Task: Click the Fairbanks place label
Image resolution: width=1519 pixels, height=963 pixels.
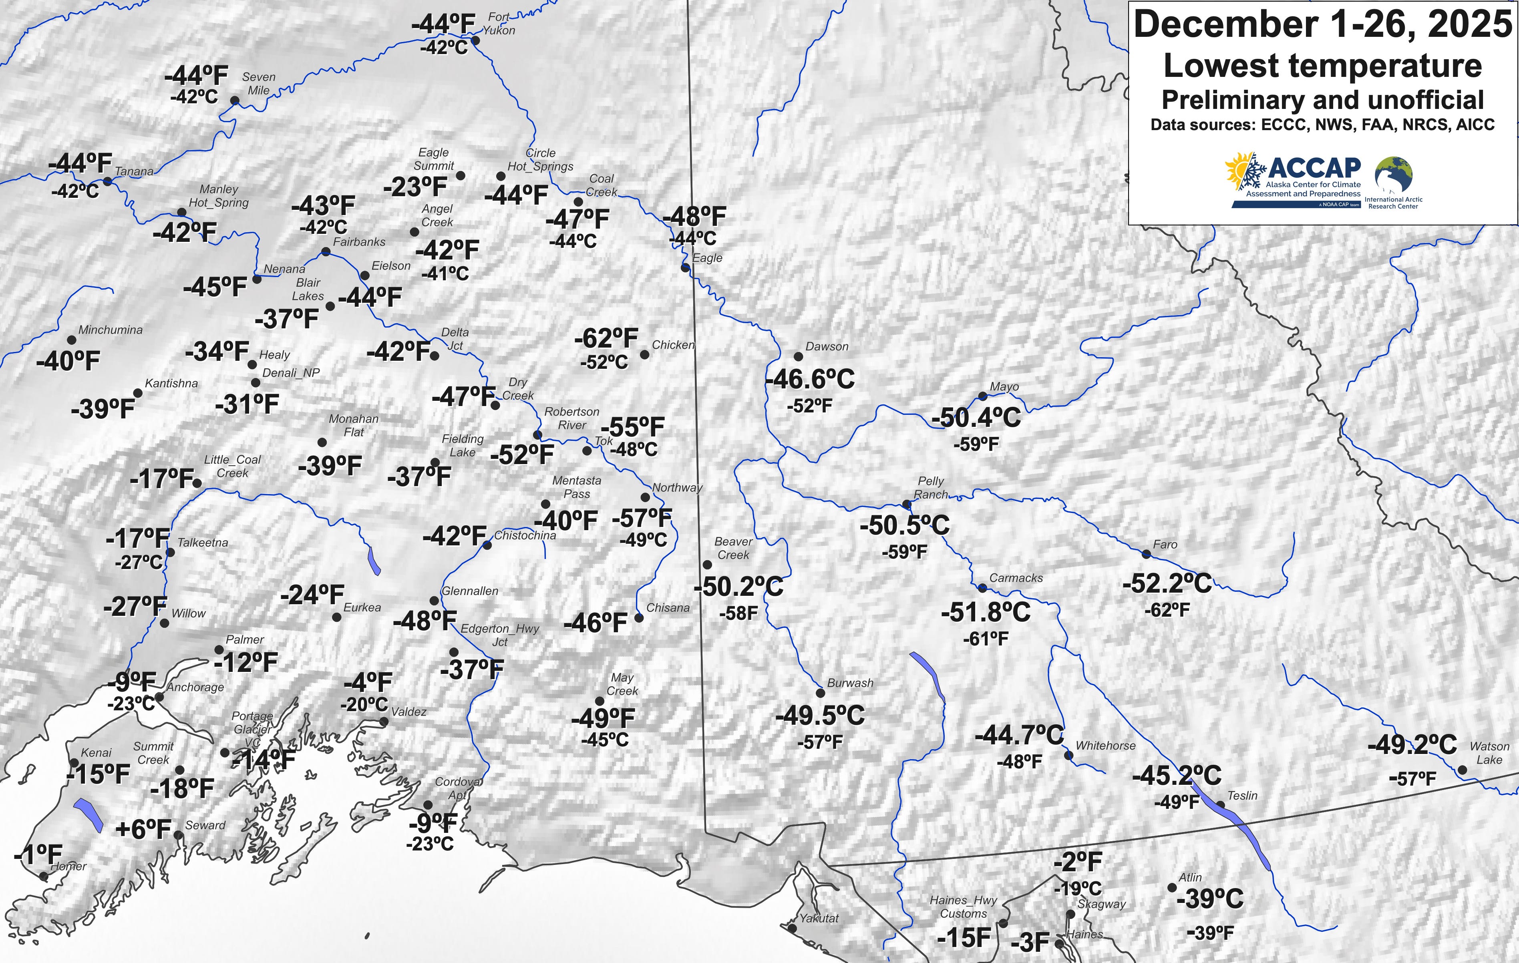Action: [359, 241]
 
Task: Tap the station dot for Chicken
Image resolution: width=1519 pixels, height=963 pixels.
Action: [644, 354]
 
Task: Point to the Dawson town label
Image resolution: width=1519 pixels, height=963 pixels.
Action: [827, 346]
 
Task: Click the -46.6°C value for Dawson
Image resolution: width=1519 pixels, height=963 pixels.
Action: [810, 379]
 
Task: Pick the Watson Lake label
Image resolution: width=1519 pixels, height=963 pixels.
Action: [1489, 753]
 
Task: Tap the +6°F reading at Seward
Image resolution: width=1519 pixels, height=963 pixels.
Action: [143, 829]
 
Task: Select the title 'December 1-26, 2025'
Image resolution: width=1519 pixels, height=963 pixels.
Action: [1322, 24]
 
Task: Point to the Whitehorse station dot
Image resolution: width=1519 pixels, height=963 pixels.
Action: [1068, 755]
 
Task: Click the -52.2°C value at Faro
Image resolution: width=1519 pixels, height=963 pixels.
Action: [1167, 583]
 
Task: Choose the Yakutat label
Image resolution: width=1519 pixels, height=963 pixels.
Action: [819, 918]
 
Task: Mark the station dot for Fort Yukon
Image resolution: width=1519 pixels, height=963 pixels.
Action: [476, 40]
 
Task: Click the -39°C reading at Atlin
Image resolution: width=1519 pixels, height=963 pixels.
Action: [1210, 898]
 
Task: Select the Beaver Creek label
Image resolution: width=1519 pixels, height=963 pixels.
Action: [733, 548]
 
